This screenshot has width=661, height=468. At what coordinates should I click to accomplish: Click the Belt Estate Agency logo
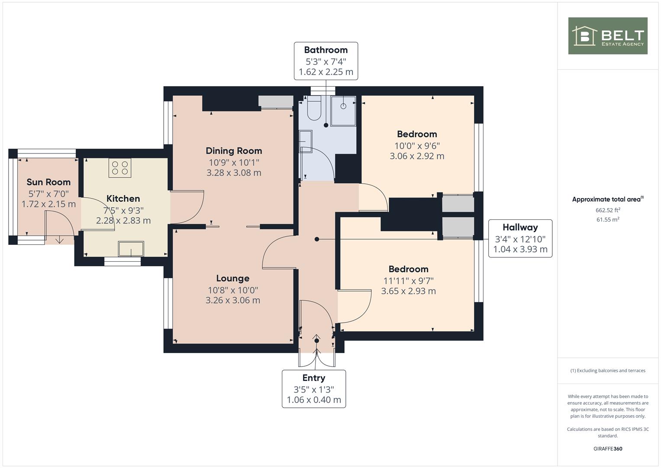[x=607, y=36]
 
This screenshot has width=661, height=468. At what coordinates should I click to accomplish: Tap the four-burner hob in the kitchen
[x=120, y=168]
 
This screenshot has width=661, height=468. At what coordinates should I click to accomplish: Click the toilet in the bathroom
[x=314, y=109]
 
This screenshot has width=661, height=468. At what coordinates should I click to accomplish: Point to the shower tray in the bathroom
[x=343, y=111]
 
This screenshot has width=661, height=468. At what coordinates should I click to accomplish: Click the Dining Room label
[x=234, y=151]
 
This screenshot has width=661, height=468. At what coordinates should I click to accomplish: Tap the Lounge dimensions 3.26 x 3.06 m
[x=233, y=300]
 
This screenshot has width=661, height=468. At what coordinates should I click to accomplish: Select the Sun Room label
[x=48, y=182]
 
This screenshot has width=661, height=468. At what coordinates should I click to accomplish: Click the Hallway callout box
[x=520, y=238]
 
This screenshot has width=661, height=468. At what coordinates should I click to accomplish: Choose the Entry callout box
[x=313, y=389]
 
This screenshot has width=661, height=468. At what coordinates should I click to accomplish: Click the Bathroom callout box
[x=326, y=61]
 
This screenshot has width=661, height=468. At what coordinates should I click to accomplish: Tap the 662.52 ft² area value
[x=607, y=210]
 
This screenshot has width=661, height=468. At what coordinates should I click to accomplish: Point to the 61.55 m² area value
[x=607, y=220]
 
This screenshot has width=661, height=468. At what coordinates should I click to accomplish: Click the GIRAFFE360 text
[x=607, y=448]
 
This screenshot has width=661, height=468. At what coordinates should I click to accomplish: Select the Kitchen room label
[x=123, y=198]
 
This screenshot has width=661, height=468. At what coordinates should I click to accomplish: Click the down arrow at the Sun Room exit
[x=59, y=240]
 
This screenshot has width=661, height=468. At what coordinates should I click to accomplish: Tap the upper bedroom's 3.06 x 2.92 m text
[x=417, y=156]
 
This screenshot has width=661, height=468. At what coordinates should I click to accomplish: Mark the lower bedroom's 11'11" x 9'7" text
[x=408, y=281]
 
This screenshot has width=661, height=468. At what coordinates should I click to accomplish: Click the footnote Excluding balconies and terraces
[x=607, y=370]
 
